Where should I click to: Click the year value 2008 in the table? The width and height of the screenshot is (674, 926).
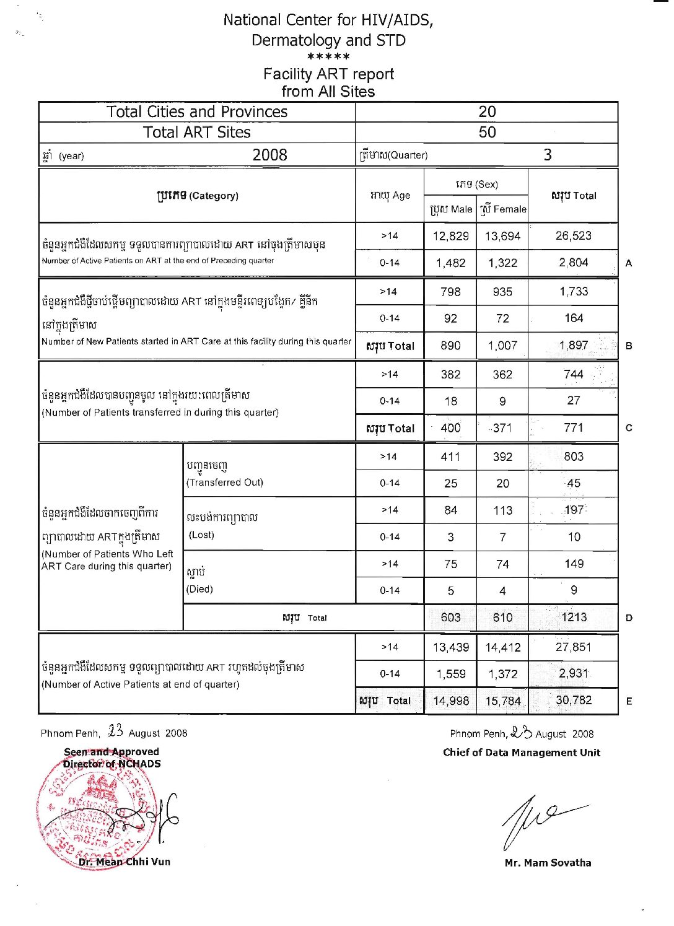point(269,155)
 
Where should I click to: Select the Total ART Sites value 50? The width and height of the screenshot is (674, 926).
point(487,133)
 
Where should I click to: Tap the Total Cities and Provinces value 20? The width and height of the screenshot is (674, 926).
point(487,112)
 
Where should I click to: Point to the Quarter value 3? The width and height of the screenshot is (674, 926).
point(548,155)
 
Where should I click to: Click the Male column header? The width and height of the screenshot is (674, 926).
point(451,209)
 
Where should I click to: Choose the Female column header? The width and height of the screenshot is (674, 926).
point(503,209)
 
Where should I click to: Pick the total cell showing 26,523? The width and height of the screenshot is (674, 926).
point(574,236)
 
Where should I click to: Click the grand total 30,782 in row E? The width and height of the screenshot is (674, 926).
point(574,701)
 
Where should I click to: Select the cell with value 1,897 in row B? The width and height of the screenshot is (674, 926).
point(574,346)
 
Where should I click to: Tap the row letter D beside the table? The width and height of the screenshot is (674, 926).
point(629,618)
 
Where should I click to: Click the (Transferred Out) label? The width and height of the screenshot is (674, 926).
point(225,483)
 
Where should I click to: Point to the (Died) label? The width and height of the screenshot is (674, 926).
point(199,589)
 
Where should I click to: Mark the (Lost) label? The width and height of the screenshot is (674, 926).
point(202,535)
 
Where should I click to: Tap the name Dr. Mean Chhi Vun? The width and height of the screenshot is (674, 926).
point(125,862)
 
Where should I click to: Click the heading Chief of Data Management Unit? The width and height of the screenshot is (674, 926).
point(522,753)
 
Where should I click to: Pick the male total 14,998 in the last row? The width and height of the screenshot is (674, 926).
point(451,701)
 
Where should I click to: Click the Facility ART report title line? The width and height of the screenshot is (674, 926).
point(328,74)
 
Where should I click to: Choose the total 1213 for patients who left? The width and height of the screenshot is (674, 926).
point(574,618)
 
